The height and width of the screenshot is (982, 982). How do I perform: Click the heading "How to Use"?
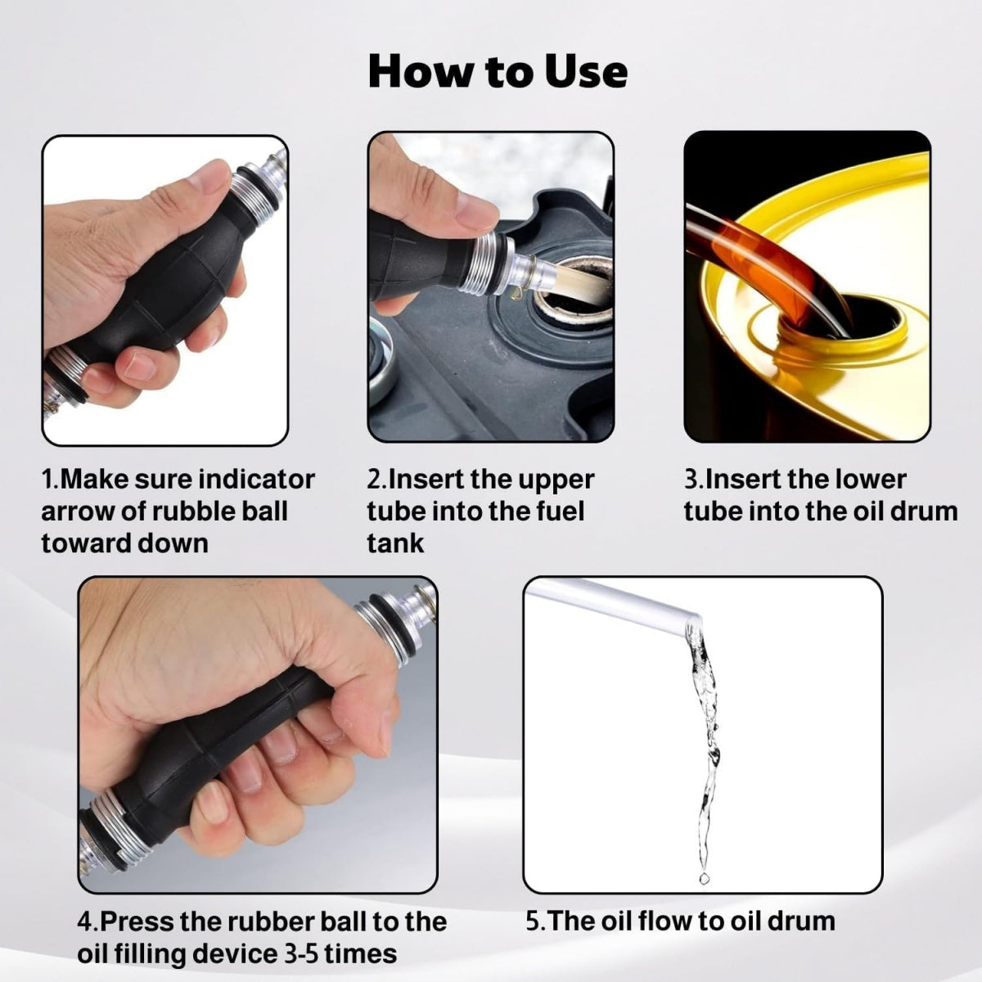[498, 71]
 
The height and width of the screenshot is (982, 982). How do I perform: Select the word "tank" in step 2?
[395, 543]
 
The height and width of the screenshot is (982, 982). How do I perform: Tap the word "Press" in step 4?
[138, 922]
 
